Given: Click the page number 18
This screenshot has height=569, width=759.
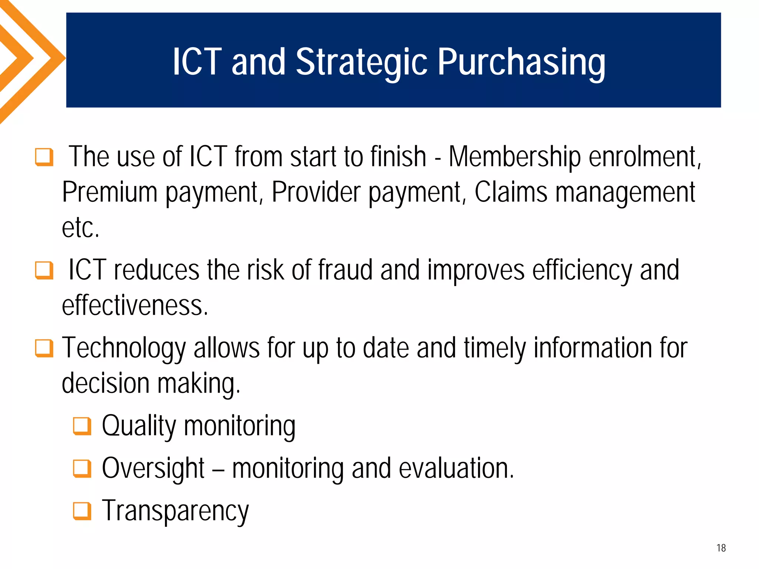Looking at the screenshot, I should tap(721, 548).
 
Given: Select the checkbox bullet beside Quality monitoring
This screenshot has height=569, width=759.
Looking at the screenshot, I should tap(82, 426).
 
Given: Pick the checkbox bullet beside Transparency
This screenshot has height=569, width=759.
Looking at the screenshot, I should tap(82, 511).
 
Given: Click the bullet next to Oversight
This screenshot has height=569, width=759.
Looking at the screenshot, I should tap(82, 469).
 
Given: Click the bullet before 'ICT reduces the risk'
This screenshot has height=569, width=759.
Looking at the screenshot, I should tap(44, 270).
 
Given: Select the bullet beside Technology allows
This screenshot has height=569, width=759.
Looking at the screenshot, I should tap(44, 348).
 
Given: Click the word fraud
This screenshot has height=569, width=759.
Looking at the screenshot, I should tap(345, 270).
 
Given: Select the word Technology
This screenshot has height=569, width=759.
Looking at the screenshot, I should tap(124, 348).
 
